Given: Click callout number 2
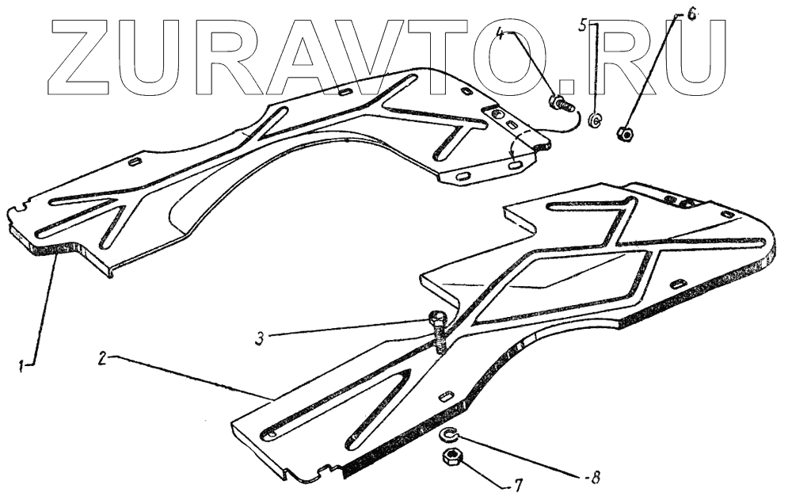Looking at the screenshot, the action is pyautogui.click(x=103, y=357).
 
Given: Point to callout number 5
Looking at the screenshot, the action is pyautogui.click(x=584, y=26).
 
